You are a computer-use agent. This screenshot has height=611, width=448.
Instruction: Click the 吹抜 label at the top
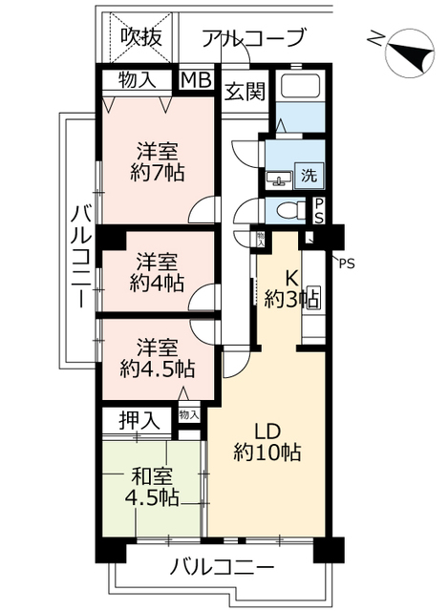pos(139,37)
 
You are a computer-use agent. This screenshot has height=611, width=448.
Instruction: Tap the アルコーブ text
pos(254,38)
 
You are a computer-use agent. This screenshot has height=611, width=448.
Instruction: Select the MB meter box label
pos(198,80)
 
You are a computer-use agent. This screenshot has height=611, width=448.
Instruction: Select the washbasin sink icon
pos(281,178)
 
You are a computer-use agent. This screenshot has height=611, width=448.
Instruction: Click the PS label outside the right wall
pos(345,263)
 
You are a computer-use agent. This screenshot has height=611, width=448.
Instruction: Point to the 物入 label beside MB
pos(139,80)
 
